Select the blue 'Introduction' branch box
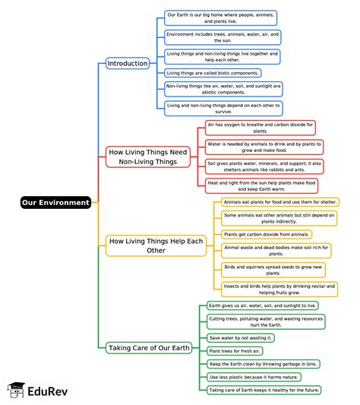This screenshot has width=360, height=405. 128,63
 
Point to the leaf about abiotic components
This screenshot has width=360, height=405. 223,90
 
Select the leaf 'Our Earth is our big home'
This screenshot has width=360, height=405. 220,18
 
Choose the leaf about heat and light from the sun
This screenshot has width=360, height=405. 261,185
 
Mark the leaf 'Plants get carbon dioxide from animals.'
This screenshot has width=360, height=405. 267,235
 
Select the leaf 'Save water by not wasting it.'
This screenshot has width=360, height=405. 242,337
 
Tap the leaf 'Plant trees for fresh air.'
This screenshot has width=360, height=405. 235,350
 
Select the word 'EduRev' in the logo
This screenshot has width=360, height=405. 49,391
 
